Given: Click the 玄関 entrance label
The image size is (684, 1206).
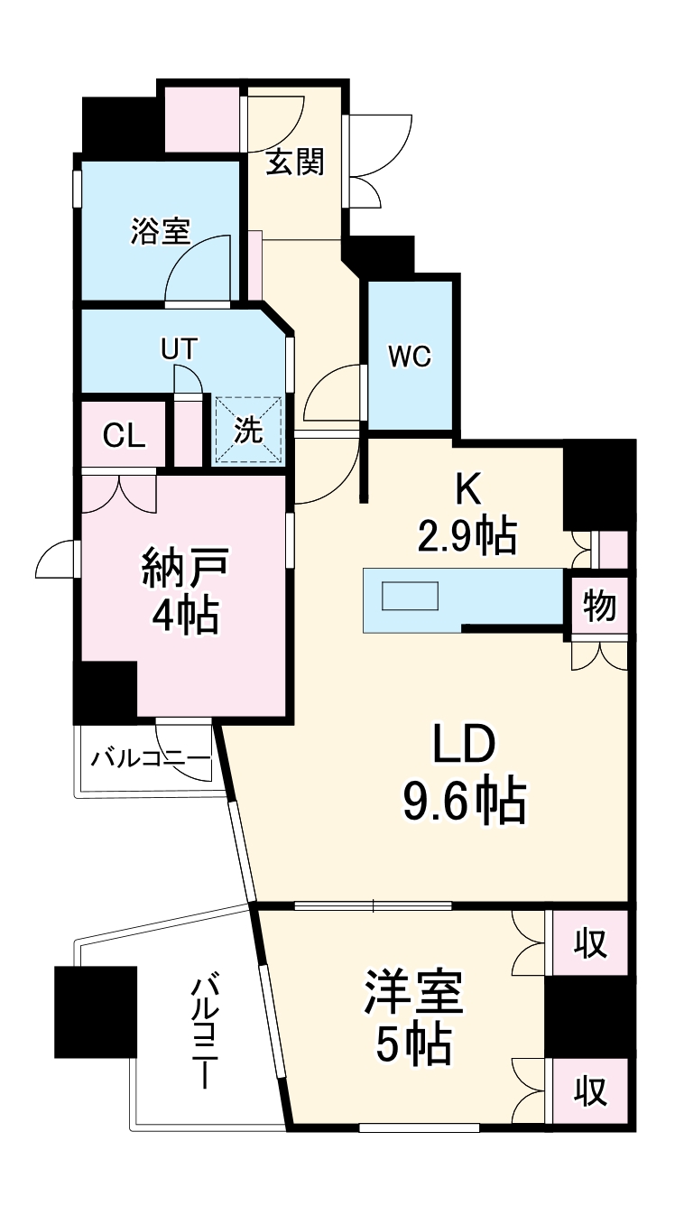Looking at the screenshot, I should click(294, 163).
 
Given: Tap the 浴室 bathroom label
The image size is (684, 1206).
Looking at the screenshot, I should click(160, 231).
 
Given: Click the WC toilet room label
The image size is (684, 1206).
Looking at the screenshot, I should click(410, 357).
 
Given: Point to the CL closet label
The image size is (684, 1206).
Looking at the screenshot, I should click(124, 435).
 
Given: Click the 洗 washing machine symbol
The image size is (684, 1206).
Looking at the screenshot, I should click(248, 431).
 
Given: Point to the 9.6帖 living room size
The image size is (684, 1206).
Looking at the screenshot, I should click(464, 799).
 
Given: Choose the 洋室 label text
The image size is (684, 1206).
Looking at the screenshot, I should click(413, 994).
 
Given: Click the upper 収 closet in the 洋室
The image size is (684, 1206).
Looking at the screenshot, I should click(591, 944).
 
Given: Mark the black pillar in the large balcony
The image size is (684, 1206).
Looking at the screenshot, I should click(95, 1011).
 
